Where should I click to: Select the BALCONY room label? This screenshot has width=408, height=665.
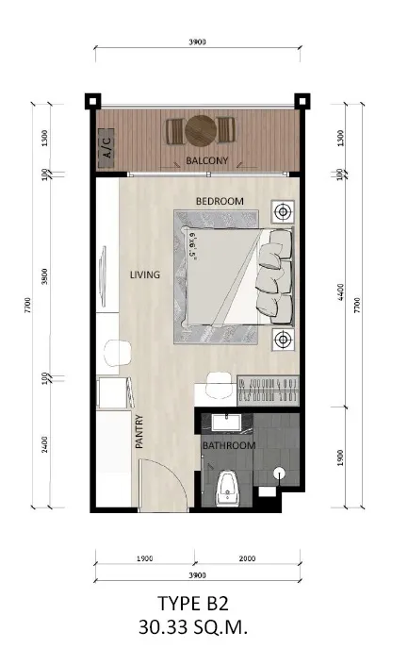(206, 160)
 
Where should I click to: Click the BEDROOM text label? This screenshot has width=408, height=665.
(220, 201)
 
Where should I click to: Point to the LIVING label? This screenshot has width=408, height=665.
(145, 274)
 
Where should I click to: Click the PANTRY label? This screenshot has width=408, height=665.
(139, 432)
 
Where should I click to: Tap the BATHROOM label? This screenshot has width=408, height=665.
(229, 445)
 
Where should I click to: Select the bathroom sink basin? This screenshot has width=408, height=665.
(227, 423)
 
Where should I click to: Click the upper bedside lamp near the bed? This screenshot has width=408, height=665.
(282, 211)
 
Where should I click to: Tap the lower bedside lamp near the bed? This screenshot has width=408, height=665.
(282, 339)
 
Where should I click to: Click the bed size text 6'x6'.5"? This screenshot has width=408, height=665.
(192, 245)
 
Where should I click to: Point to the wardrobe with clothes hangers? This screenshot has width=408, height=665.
(269, 391)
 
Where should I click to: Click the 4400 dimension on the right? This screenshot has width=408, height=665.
(341, 292)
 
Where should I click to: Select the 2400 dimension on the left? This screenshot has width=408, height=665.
(45, 444)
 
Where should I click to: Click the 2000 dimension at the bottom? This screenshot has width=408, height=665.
(247, 558)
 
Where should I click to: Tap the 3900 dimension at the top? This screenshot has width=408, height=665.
(198, 42)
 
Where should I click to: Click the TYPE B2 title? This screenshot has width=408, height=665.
(193, 603)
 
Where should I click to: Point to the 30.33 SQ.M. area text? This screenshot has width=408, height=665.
(193, 627)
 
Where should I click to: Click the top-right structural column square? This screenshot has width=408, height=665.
(302, 101)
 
